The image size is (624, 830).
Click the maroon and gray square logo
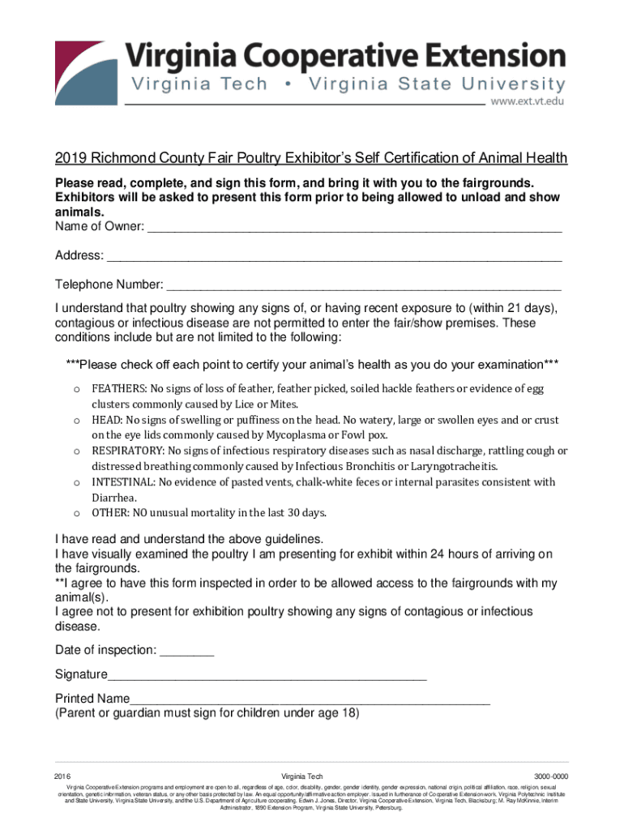84,71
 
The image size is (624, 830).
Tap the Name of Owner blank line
354,229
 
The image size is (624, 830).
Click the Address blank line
334,259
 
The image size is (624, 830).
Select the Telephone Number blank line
363,287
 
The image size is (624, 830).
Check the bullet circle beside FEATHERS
75,389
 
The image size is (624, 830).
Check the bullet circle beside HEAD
75,421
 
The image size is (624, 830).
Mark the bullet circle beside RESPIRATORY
75,451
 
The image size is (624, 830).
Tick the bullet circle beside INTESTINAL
75,482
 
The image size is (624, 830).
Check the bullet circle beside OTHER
75,513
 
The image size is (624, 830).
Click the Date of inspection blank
187,652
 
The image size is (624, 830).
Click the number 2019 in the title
71,158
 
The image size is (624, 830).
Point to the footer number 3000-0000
545,777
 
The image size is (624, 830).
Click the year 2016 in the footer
63,777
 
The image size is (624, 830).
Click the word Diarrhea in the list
113,498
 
